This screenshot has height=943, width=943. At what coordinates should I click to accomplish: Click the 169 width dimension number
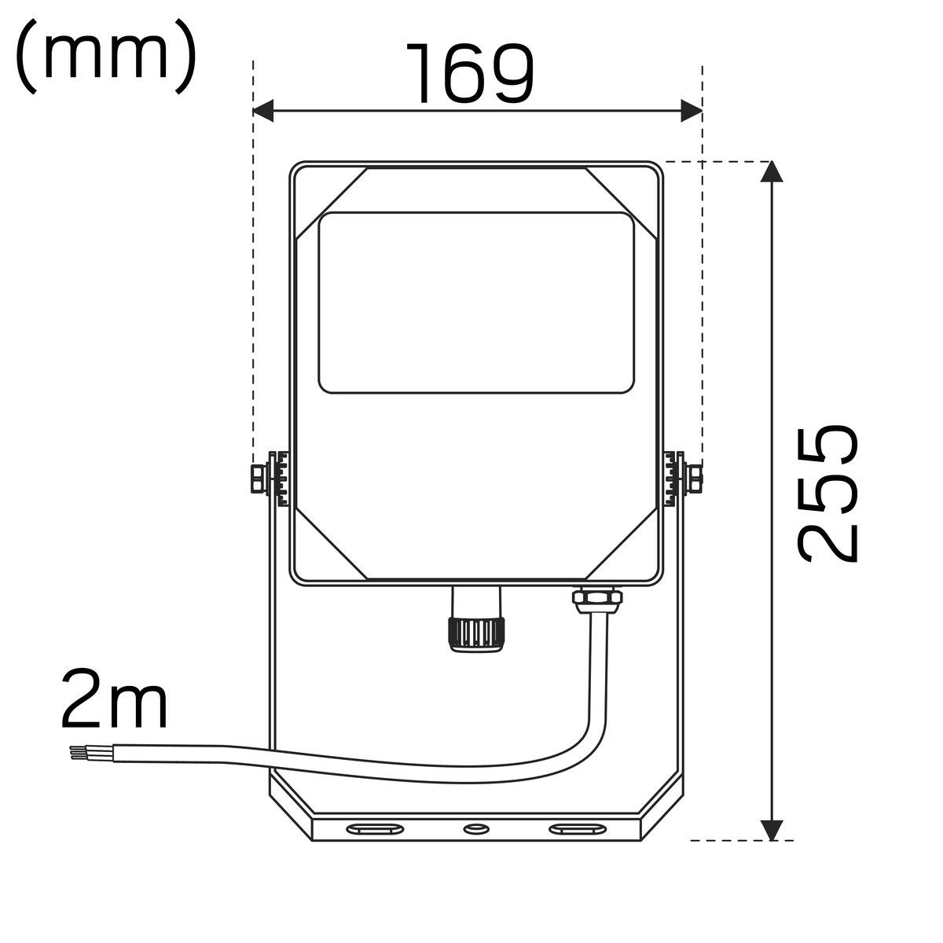coord(470,73)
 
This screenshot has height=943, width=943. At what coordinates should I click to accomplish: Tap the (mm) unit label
coord(106,57)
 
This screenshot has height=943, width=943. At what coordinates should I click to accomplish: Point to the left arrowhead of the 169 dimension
coord(263,111)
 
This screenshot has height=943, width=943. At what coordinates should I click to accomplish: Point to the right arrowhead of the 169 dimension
coord(692,111)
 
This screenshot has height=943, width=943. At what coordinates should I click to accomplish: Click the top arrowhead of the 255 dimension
coord(772,171)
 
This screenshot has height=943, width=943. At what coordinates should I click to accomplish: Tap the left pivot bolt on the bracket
coord(259,479)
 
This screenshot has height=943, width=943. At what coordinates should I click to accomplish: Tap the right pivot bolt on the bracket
coord(695,479)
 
